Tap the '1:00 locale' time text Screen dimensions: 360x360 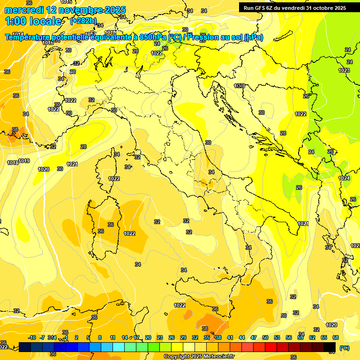33,21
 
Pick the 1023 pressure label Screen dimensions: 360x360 344,70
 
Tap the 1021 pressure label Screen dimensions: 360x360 303,224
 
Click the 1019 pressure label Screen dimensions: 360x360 24,161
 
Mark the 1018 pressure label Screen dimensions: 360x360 13,163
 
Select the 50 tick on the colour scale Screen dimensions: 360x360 265,337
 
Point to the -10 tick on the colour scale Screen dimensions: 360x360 32,337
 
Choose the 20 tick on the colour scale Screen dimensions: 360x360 148,337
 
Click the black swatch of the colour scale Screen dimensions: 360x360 330,347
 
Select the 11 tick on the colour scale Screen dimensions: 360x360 113,337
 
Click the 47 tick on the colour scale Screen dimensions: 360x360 254,337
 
